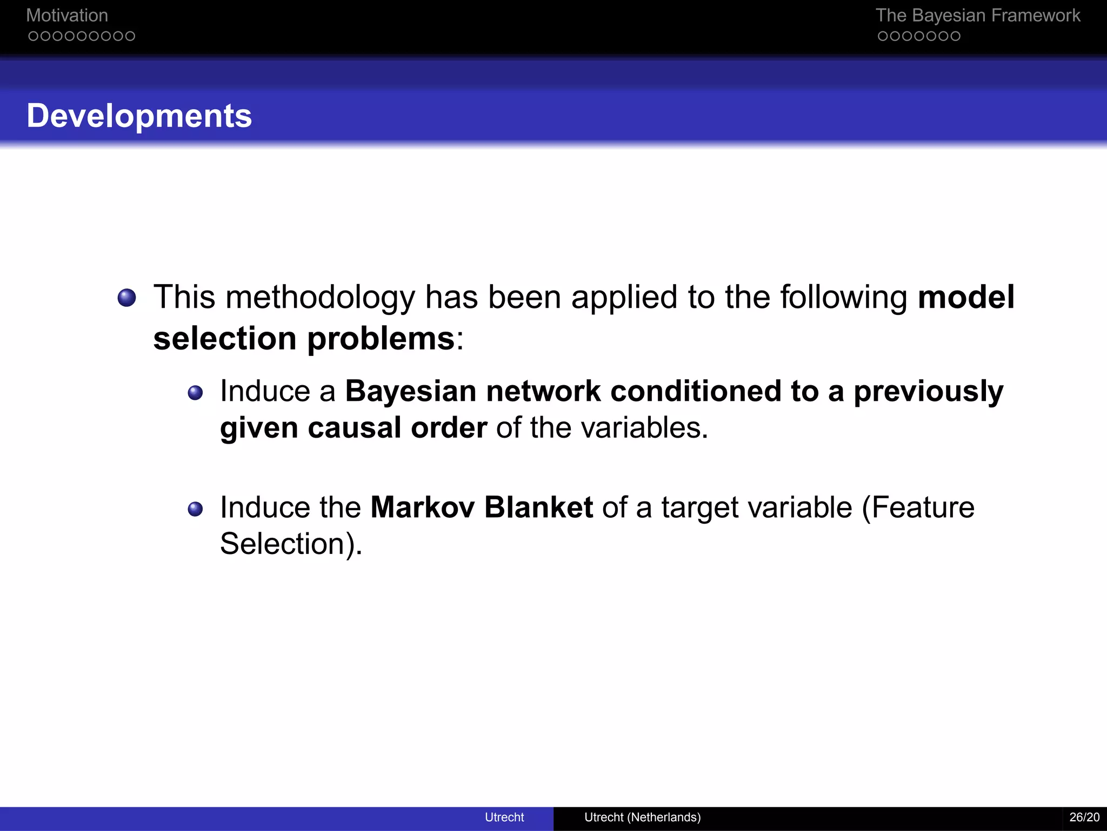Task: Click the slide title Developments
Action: (x=139, y=116)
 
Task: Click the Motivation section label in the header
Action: (x=67, y=16)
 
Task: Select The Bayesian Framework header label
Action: (x=977, y=16)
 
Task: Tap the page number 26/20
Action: (x=1084, y=817)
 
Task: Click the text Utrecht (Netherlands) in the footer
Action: (x=642, y=817)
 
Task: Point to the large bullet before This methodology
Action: (x=126, y=298)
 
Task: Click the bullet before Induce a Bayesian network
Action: (x=195, y=392)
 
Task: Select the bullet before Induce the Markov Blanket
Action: (x=195, y=509)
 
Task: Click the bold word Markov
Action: (x=422, y=507)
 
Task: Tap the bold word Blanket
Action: (x=538, y=507)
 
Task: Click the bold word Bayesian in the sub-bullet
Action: (x=411, y=392)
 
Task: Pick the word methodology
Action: (x=320, y=298)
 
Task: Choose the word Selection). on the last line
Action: (x=291, y=544)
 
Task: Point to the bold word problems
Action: (x=381, y=339)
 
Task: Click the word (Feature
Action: (x=918, y=507)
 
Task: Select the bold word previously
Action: (x=928, y=392)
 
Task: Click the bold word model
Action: (x=966, y=297)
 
